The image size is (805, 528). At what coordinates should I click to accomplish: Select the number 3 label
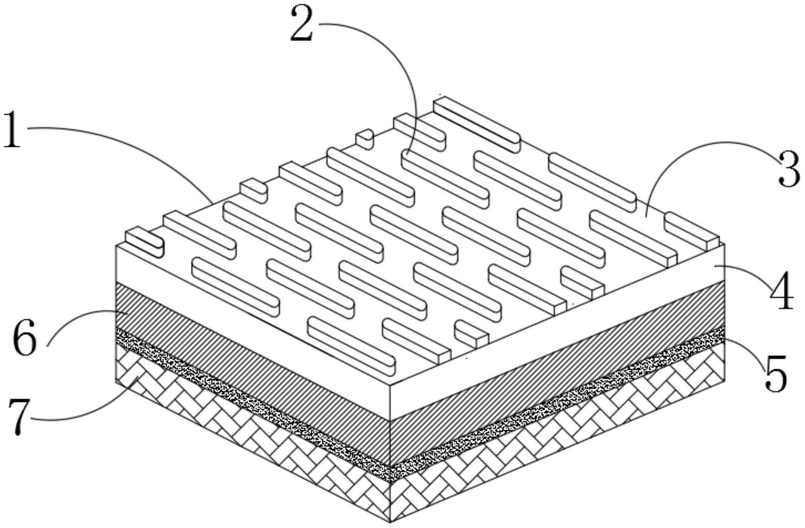coord(789,169)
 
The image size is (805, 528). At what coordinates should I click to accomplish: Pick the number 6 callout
coord(25,338)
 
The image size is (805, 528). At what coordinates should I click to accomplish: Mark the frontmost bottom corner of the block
coord(390,522)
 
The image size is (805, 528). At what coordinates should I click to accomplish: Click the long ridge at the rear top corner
coord(477,125)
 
